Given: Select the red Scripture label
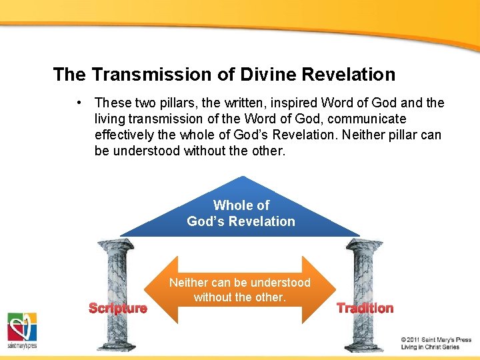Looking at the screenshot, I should pyautogui.click(x=118, y=308).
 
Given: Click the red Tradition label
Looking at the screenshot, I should pyautogui.click(x=365, y=308).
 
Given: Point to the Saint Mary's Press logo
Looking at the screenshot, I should pyautogui.click(x=21, y=330).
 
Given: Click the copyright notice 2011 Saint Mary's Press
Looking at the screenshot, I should pyautogui.click(x=436, y=339).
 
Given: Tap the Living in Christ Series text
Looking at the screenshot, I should pyautogui.click(x=430, y=347).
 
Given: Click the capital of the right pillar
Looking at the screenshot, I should pyautogui.click(x=364, y=245).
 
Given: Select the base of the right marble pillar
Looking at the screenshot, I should pyautogui.click(x=363, y=345).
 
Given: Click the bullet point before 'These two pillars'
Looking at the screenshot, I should pyautogui.click(x=79, y=103).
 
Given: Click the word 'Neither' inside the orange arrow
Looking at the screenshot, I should pyautogui.click(x=189, y=282).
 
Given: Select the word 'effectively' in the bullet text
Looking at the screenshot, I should pyautogui.click(x=125, y=135).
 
